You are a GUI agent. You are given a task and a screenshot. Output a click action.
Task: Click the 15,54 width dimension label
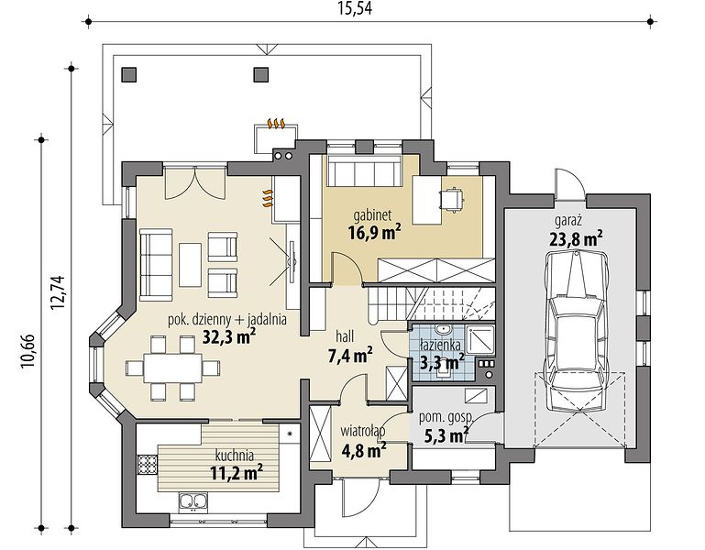point(355,8)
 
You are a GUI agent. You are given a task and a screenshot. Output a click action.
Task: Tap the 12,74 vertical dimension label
point(59,291)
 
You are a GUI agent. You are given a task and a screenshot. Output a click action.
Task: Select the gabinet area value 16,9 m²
point(374,233)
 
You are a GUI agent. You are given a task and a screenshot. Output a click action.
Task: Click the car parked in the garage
point(576,332)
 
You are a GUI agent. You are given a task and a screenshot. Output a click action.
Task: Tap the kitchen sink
point(193,501)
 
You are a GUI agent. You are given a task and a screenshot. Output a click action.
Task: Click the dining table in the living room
point(173,368)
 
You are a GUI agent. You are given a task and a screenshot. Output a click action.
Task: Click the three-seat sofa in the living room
point(156,264)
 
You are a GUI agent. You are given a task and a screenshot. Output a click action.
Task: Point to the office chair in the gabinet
point(450,199)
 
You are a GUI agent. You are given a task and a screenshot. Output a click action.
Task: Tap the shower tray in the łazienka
point(479,340)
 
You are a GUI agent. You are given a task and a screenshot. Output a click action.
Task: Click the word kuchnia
point(234,456)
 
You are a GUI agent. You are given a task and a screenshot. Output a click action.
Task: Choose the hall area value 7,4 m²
point(350,356)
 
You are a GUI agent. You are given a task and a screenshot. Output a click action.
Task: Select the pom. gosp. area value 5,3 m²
point(446,434)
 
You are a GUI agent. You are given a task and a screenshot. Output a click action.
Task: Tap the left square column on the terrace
point(129,74)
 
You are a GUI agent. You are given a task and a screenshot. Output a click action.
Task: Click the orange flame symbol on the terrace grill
point(276,123)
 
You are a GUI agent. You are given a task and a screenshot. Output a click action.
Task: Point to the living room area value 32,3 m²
point(229,336)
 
